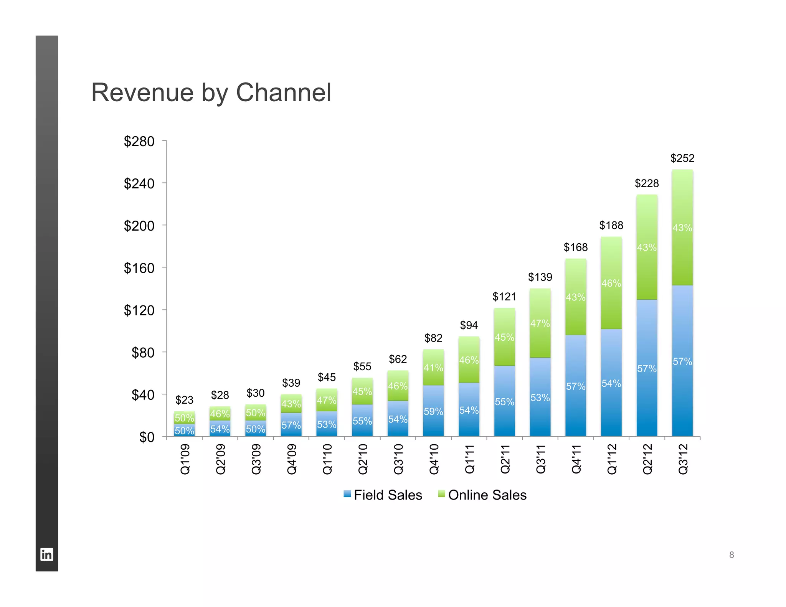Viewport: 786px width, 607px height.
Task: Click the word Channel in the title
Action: [x=283, y=92]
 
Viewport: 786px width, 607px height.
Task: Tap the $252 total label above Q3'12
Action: [x=682, y=158]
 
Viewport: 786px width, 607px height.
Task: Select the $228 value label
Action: [x=647, y=183]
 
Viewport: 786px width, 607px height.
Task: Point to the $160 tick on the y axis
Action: [x=139, y=268]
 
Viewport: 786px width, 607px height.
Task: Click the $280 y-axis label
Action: [x=139, y=141]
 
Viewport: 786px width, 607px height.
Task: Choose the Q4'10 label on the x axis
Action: [x=434, y=459]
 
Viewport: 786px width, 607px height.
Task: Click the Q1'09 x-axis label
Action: [x=185, y=459]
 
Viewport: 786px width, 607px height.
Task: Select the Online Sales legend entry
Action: [x=482, y=495]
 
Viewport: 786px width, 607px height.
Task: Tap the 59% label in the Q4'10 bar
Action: [x=433, y=411]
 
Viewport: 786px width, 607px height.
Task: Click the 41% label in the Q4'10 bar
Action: [x=433, y=368]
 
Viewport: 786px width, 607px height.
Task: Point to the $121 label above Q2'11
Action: [x=504, y=297]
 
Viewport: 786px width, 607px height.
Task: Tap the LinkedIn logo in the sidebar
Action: [x=47, y=554]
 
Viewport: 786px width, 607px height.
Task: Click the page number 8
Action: [x=732, y=554]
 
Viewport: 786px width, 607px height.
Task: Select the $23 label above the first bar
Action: [x=184, y=400]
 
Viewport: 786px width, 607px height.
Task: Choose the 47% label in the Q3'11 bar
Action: [x=540, y=323]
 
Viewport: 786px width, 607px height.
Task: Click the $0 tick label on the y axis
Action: [x=147, y=437]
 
